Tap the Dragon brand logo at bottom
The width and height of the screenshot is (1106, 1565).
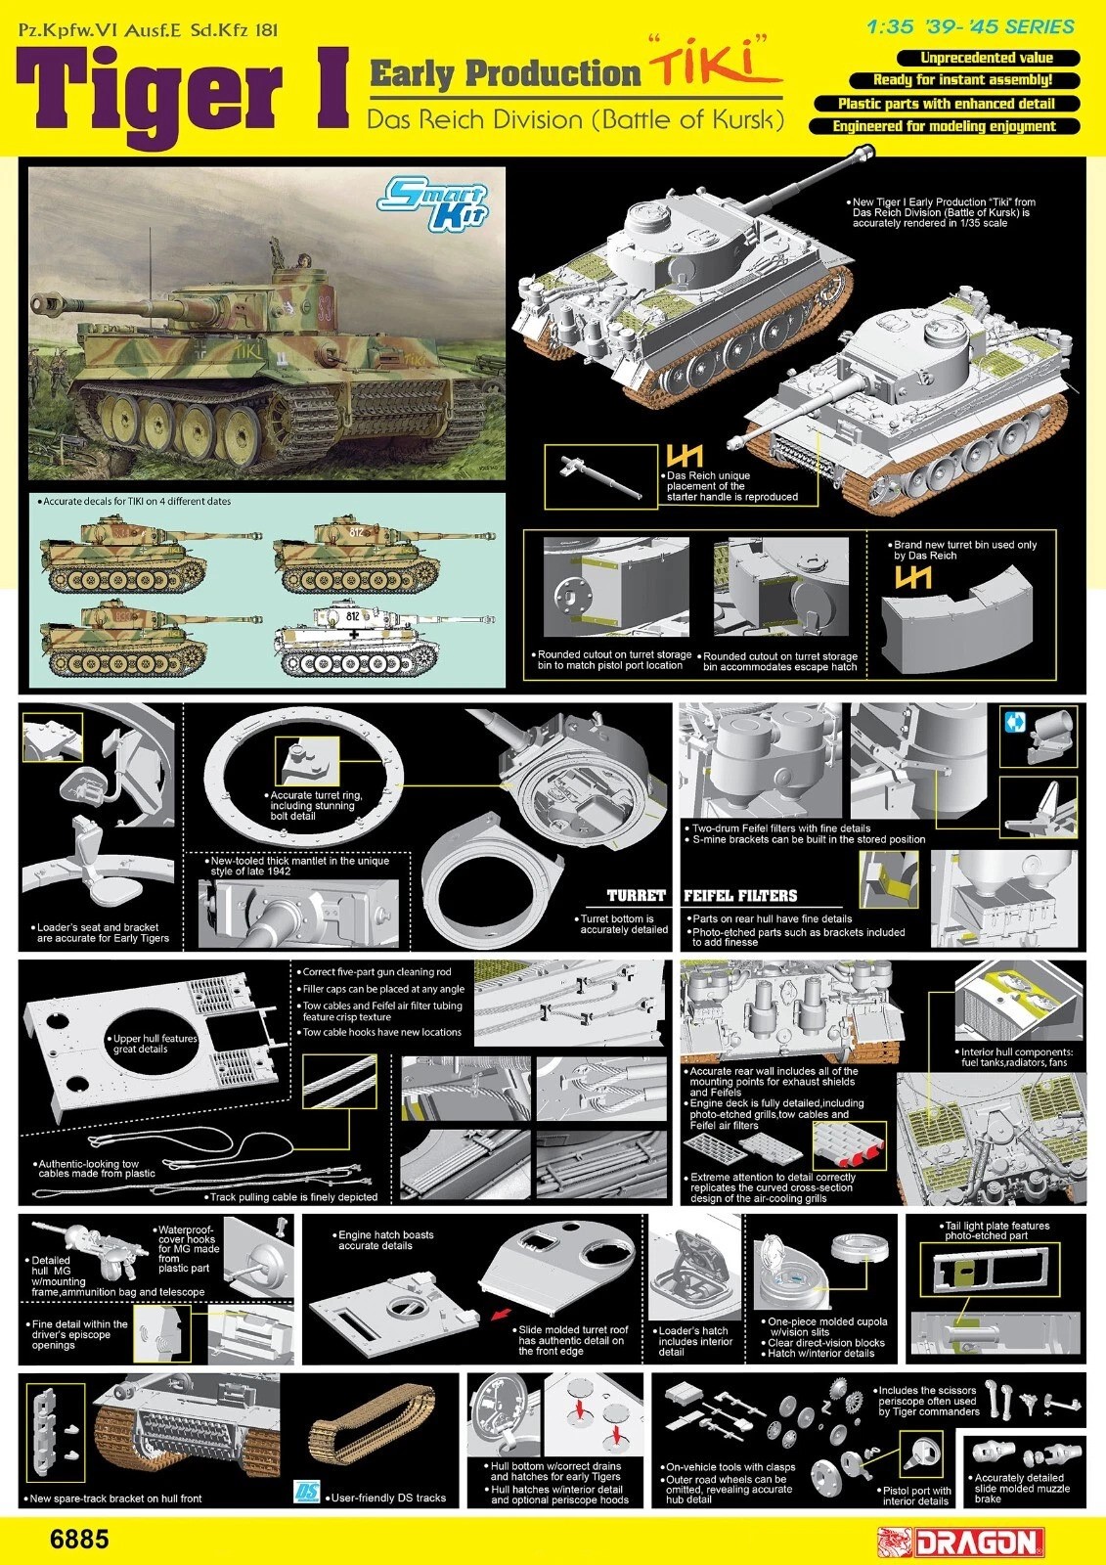[957, 1540]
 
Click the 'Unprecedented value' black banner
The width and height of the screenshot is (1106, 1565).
[986, 58]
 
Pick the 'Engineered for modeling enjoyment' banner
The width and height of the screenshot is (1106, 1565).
[944, 126]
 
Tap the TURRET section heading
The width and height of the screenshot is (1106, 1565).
[636, 896]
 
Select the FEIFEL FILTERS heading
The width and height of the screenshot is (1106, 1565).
[740, 896]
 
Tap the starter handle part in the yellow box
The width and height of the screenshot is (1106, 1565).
[600, 475]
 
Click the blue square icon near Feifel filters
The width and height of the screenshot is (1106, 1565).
[1013, 723]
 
